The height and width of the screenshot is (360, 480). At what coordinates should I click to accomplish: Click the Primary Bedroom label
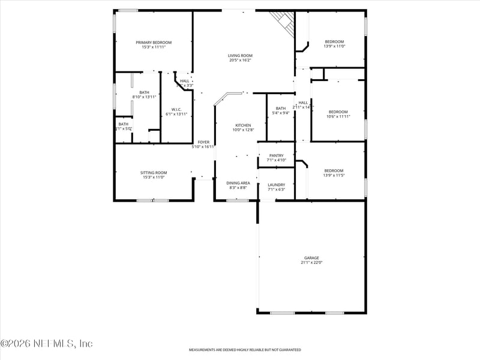pyautogui.click(x=154, y=43)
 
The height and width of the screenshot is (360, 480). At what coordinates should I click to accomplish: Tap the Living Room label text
pyautogui.click(x=240, y=55)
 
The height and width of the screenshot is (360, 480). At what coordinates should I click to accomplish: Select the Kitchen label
pyautogui.click(x=243, y=125)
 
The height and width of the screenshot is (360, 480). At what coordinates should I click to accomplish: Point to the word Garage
pyautogui.click(x=311, y=258)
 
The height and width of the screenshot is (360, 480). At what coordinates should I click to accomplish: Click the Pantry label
pyautogui.click(x=276, y=155)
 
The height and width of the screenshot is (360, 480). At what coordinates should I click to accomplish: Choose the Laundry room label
pyautogui.click(x=276, y=185)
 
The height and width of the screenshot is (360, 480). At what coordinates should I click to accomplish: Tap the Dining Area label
pyautogui.click(x=238, y=183)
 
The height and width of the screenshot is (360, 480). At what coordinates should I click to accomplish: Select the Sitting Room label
pyautogui.click(x=154, y=172)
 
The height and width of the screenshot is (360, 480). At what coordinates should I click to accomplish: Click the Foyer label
pyautogui.click(x=204, y=142)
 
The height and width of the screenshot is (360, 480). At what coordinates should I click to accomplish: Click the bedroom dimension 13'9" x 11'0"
pyautogui.click(x=334, y=46)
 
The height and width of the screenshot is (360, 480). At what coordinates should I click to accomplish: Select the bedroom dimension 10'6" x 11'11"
pyautogui.click(x=338, y=116)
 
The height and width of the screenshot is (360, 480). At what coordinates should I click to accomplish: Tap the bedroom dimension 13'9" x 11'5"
pyautogui.click(x=334, y=175)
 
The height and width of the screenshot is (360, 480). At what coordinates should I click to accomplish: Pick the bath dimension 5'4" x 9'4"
pyautogui.click(x=281, y=113)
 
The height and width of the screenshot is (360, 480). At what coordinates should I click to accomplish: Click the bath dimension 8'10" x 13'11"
pyautogui.click(x=144, y=97)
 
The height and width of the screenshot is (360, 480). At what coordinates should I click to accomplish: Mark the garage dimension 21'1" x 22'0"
pyautogui.click(x=311, y=262)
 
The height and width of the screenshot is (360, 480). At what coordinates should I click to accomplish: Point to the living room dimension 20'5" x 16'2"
pyautogui.click(x=240, y=60)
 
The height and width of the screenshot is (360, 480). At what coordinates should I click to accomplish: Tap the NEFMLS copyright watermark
pyautogui.click(x=47, y=344)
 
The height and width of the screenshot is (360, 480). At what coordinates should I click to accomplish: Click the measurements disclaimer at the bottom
pyautogui.click(x=245, y=350)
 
